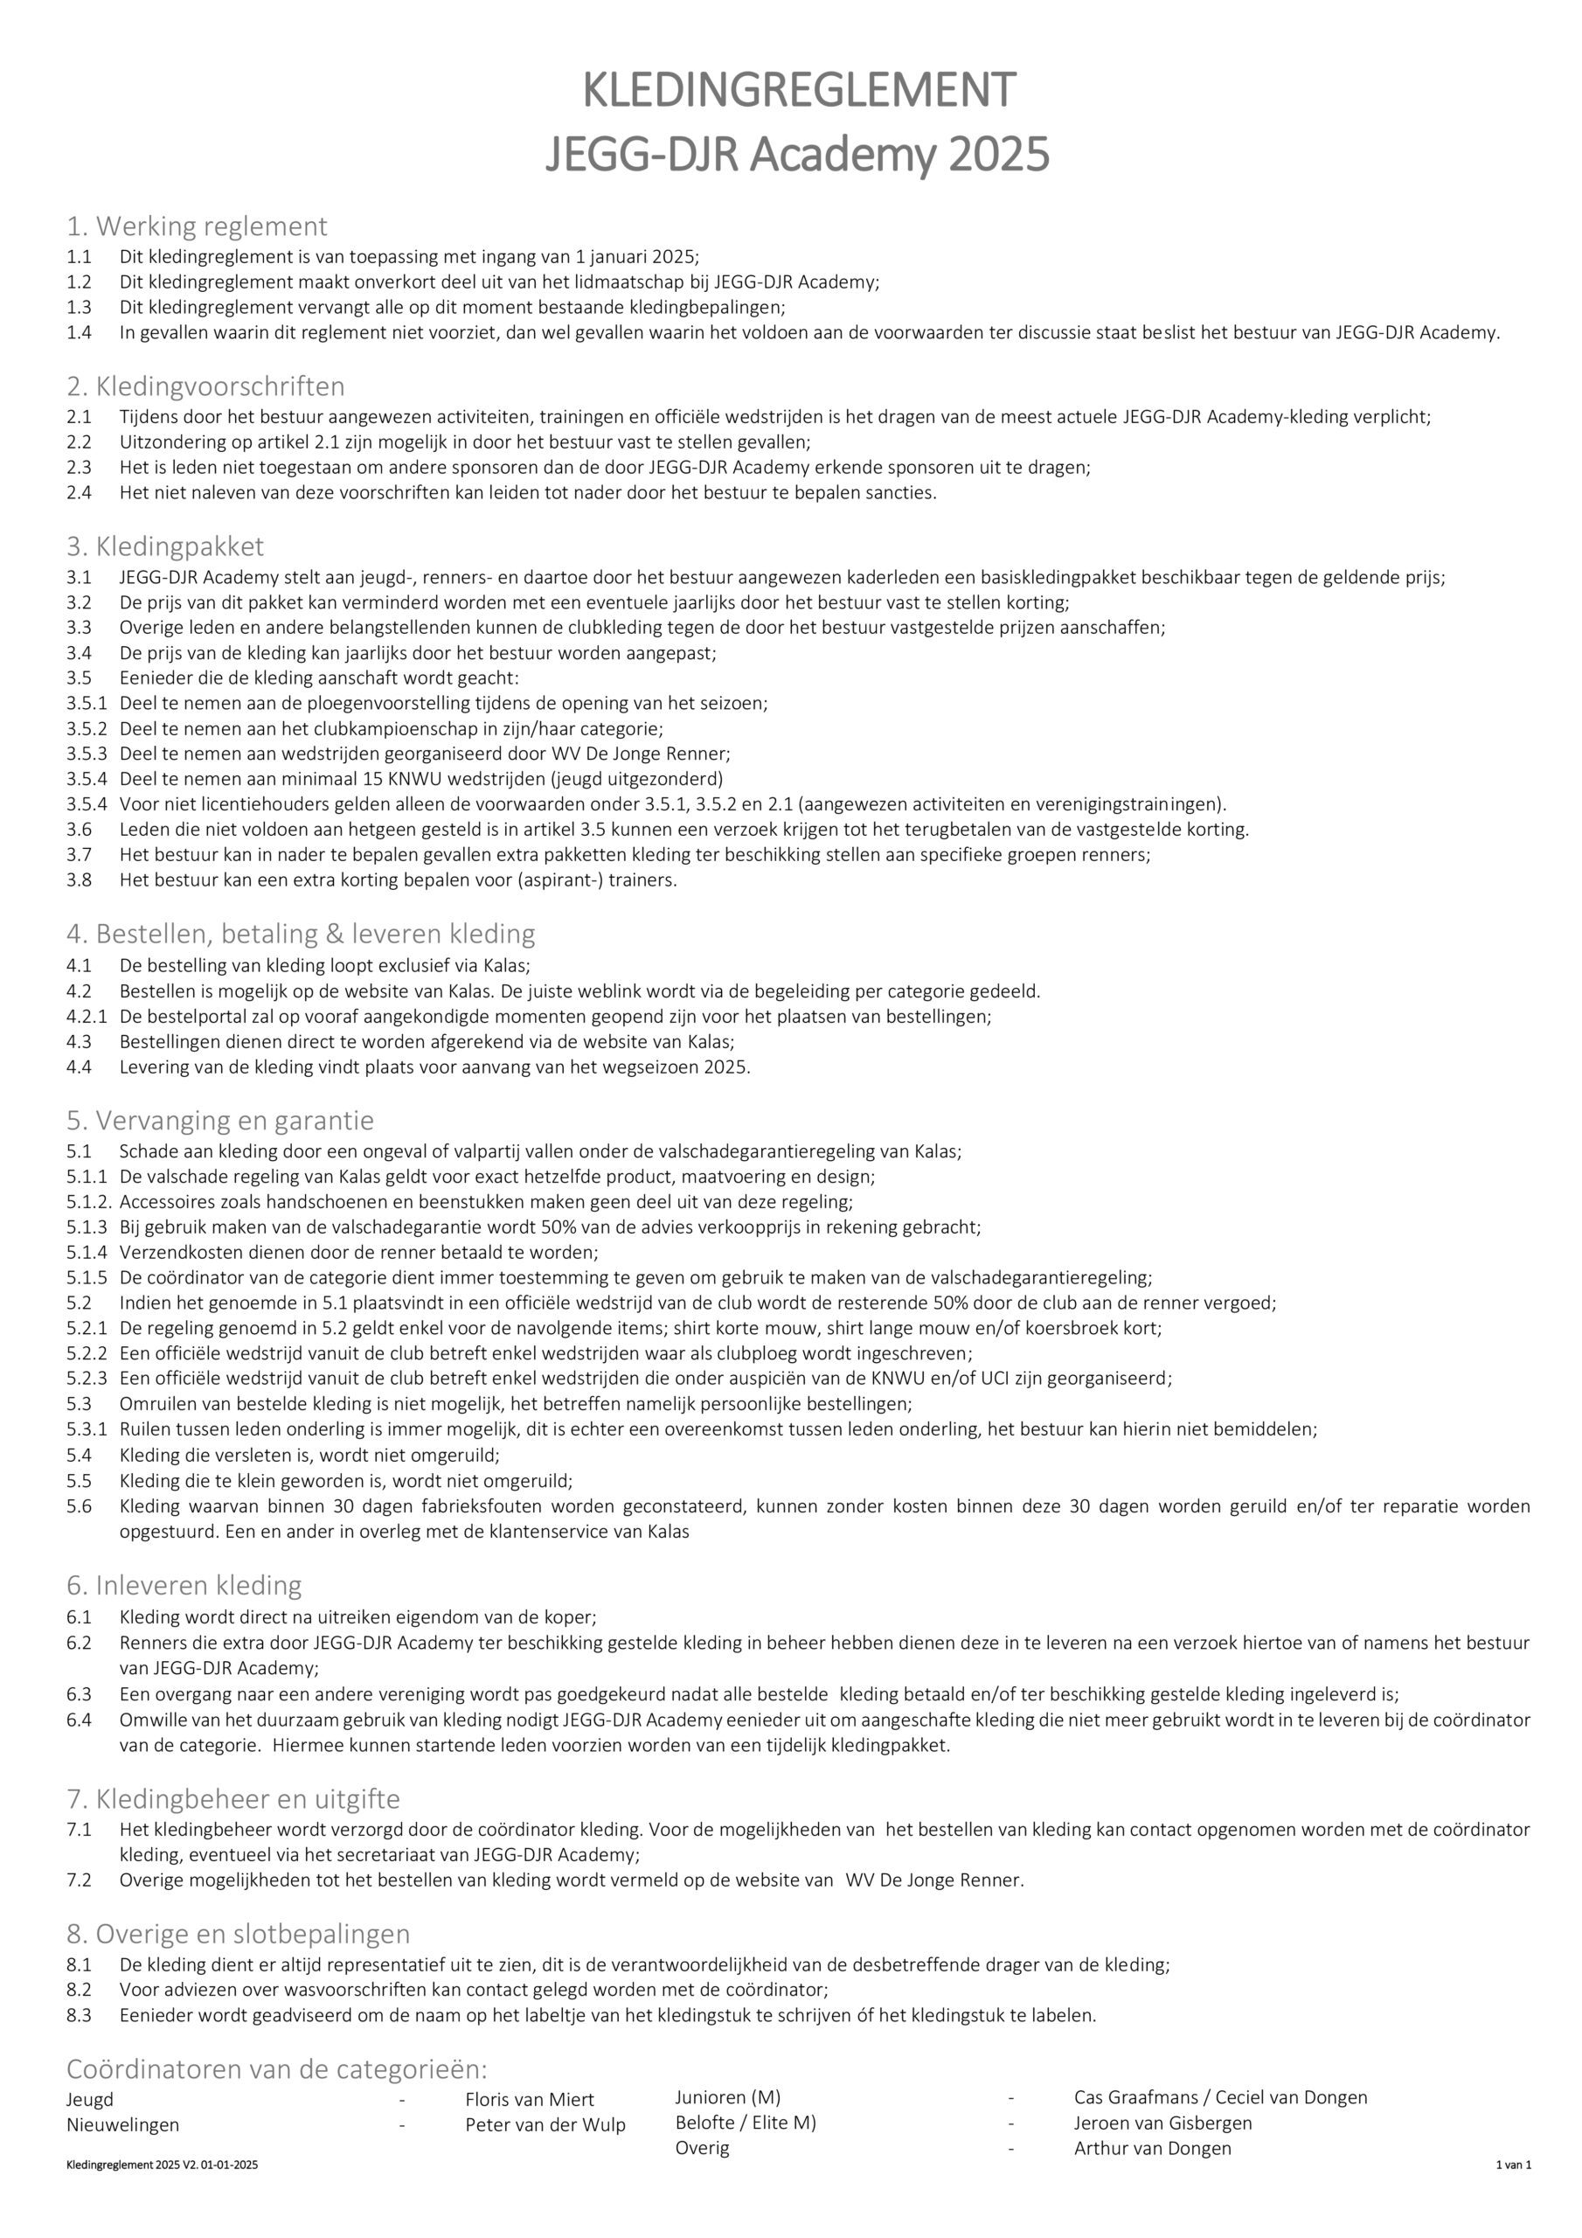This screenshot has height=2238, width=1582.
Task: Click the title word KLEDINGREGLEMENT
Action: pyautogui.click(x=798, y=91)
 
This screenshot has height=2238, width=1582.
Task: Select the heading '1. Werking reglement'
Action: pyautogui.click(x=196, y=226)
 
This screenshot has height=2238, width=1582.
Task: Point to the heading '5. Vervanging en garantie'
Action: pyautogui.click(x=219, y=1120)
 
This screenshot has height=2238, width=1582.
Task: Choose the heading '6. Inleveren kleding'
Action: pyautogui.click(x=184, y=1585)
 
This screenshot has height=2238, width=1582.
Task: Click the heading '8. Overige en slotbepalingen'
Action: pyautogui.click(x=238, y=1933)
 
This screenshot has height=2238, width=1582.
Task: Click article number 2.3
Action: pyautogui.click(x=79, y=468)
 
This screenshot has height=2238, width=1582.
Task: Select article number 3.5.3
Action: pyautogui.click(x=87, y=754)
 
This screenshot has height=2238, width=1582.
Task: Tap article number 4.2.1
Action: pyautogui.click(x=87, y=1017)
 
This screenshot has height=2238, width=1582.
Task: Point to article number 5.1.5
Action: pyautogui.click(x=87, y=1278)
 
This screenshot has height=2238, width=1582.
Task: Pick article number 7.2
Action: pyautogui.click(x=79, y=1880)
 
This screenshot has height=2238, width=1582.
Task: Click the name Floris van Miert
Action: pyautogui.click(x=530, y=2100)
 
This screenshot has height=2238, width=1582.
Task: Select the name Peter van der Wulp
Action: pyautogui.click(x=545, y=2125)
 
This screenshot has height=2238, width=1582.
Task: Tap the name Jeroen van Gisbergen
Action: pyautogui.click(x=1162, y=2123)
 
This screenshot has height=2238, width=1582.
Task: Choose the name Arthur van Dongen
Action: pyautogui.click(x=1152, y=2148)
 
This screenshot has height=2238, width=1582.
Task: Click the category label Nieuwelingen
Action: pyautogui.click(x=123, y=2125)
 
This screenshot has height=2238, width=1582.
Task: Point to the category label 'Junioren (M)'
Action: pyautogui.click(x=727, y=2097)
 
